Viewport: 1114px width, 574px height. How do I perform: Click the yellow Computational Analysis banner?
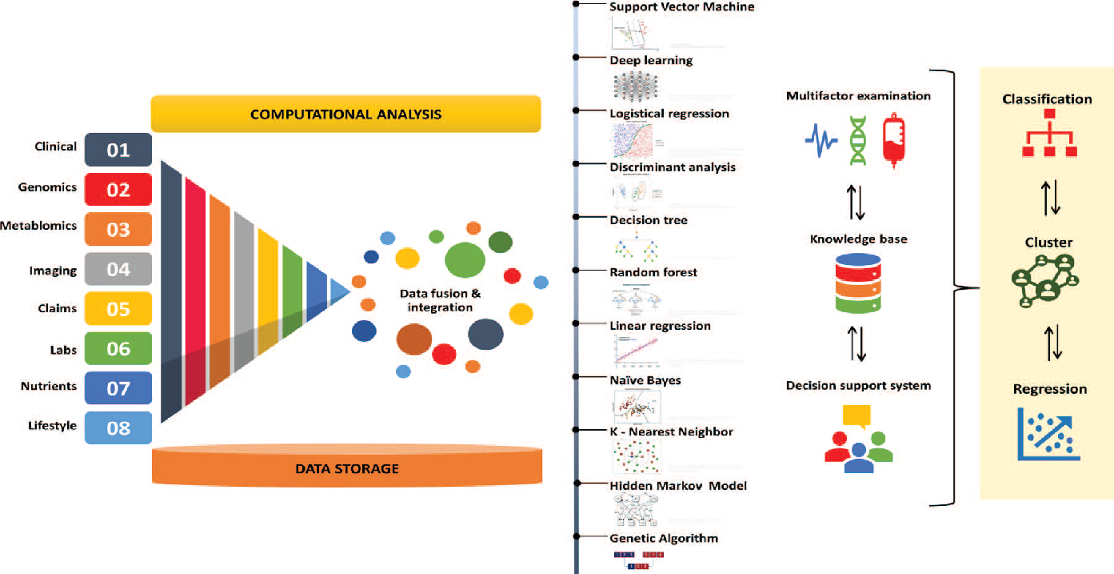[346, 114]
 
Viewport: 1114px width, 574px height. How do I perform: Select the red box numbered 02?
[118, 190]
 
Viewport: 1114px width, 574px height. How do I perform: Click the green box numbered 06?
[118, 348]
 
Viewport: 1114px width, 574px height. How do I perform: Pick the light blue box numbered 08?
[118, 427]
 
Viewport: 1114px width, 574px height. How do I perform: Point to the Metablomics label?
[49, 226]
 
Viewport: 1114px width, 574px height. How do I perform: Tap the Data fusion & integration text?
[440, 300]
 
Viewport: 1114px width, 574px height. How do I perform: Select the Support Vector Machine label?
[681, 7]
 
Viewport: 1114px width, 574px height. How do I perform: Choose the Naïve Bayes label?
[645, 380]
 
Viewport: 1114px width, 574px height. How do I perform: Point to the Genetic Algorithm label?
[664, 538]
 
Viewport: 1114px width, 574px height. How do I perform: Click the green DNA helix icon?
[857, 141]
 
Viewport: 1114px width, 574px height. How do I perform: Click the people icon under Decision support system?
[858, 440]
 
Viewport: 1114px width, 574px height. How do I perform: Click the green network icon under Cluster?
[1045, 282]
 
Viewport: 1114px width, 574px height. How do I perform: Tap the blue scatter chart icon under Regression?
[1048, 434]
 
